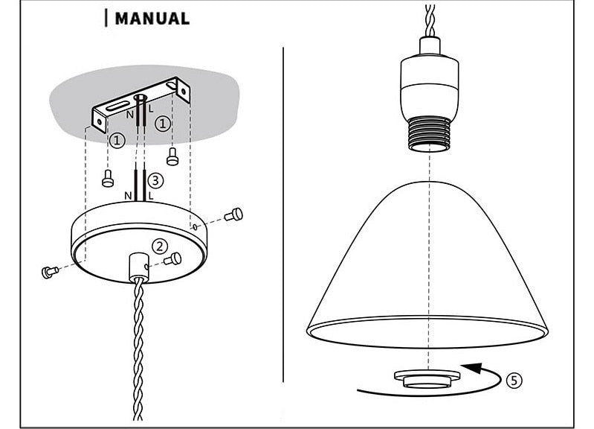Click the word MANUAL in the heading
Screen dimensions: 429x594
coord(152,19)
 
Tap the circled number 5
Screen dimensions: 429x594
coord(514,380)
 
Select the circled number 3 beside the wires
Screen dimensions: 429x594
coord(155,179)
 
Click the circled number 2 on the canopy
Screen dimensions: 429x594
coord(159,247)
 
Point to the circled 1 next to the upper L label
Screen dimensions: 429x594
coord(164,124)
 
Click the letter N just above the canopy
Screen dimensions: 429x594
coord(129,196)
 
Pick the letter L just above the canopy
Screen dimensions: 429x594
coord(151,196)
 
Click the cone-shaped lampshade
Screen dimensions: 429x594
coord(431,261)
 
